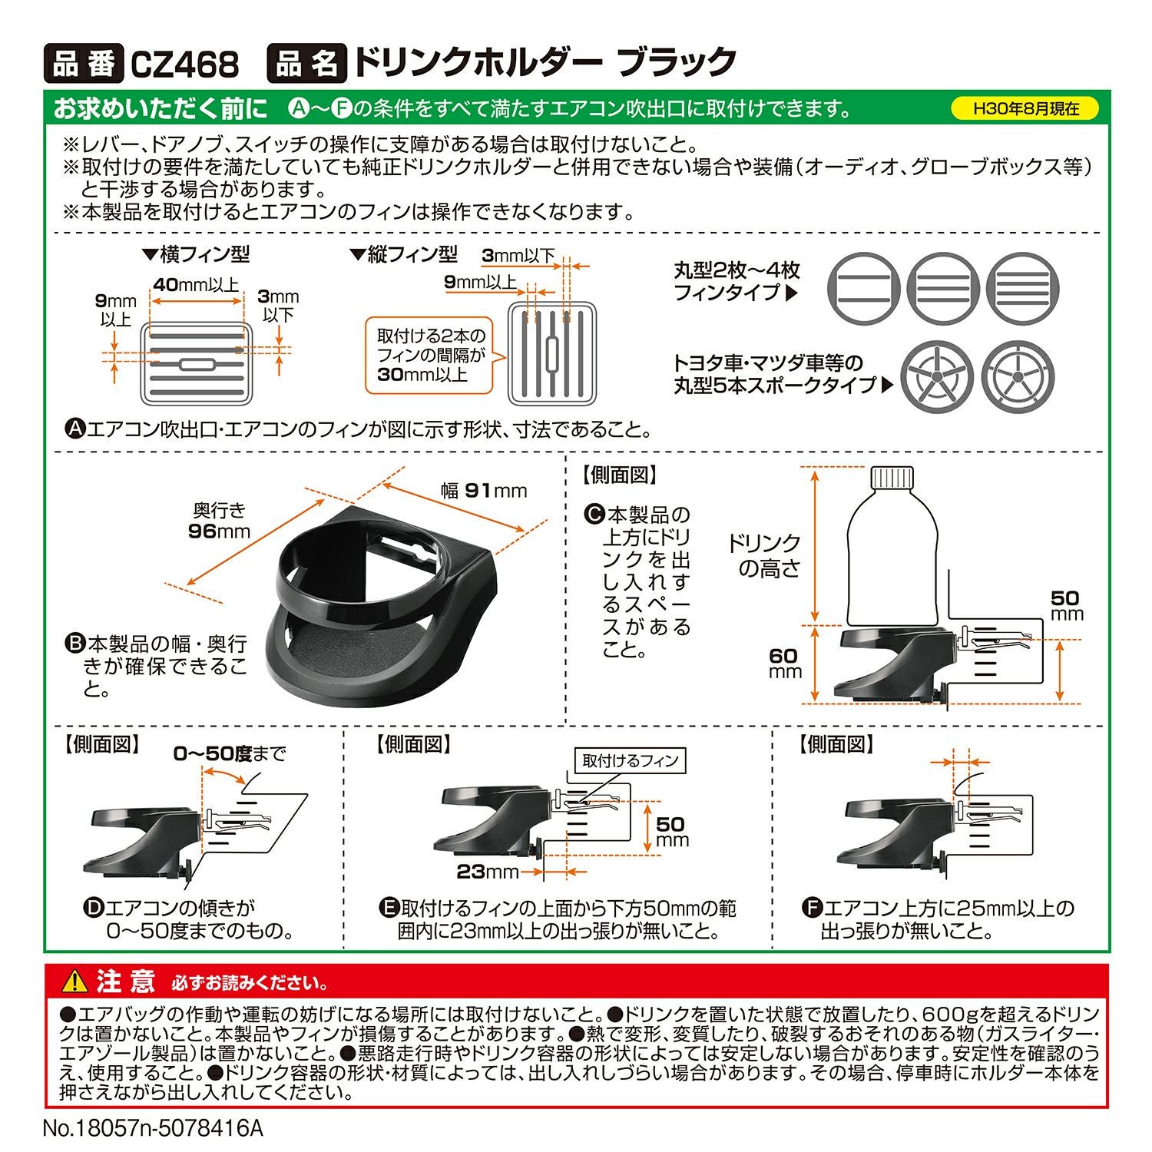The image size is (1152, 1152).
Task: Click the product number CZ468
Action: click(184, 64)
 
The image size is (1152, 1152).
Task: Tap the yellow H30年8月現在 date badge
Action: click(1025, 108)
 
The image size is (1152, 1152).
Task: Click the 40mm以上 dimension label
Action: click(196, 285)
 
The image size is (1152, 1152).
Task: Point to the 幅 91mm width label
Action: click(484, 491)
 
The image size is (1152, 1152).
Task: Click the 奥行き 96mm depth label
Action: click(219, 521)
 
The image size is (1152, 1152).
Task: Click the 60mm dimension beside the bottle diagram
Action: click(784, 663)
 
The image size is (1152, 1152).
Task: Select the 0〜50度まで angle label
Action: click(229, 753)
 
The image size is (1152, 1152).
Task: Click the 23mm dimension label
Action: click(488, 872)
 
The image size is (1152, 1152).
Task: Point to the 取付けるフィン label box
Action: click(630, 760)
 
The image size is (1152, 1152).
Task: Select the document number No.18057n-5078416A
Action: click(153, 1128)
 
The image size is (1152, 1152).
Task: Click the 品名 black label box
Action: click(305, 64)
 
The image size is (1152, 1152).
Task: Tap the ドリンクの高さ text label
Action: click(764, 555)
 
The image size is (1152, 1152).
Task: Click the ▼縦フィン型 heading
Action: click(404, 254)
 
